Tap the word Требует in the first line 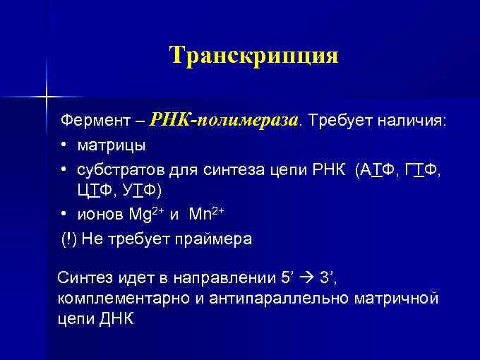point(340,121)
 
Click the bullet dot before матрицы point(64,145)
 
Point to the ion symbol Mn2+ point(206,215)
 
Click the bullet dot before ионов point(64,214)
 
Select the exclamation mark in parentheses point(68,239)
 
